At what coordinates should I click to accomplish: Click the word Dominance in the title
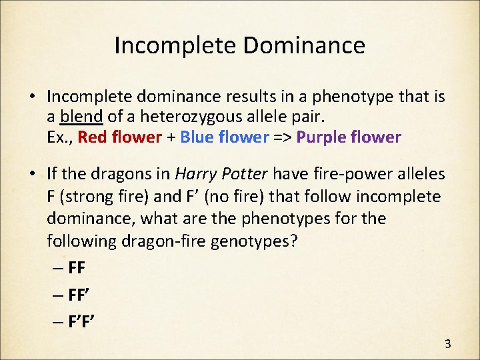[x=304, y=45]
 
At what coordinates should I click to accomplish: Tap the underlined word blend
[x=81, y=117]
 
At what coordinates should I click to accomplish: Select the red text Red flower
[x=120, y=137]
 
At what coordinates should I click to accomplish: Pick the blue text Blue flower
[x=224, y=137]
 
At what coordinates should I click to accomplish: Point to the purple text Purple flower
[x=349, y=137]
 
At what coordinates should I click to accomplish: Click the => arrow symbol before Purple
[x=282, y=137]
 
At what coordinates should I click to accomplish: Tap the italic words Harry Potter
[x=221, y=174]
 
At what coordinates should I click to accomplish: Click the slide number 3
[x=447, y=344]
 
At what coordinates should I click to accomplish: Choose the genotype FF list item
[x=77, y=268]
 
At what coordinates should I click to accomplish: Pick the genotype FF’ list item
[x=79, y=294]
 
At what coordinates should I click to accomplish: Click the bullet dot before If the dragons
[x=33, y=174]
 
